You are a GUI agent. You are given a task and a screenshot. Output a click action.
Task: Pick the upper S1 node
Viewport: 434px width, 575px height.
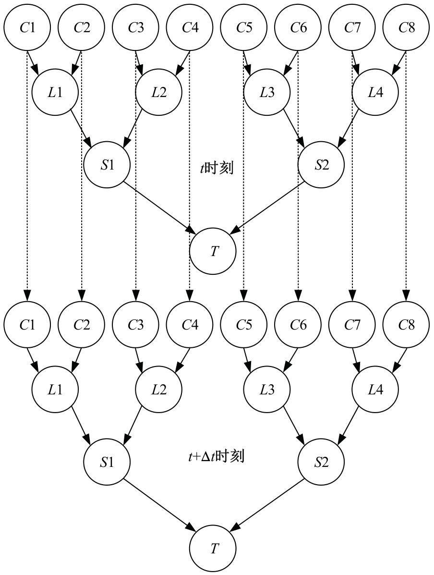tap(107, 165)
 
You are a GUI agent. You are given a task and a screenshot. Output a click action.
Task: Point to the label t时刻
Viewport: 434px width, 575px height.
tap(217, 169)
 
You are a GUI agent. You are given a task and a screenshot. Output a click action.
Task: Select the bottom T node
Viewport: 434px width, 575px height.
tap(213, 549)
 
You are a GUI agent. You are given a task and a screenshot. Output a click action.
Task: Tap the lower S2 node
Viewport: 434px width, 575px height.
tap(321, 462)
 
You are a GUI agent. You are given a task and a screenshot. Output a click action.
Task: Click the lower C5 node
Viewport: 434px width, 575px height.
tap(244, 325)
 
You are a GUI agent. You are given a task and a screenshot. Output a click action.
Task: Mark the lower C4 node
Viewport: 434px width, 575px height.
tap(190, 325)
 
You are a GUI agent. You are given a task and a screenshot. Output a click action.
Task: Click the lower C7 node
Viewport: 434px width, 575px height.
tap(352, 325)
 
